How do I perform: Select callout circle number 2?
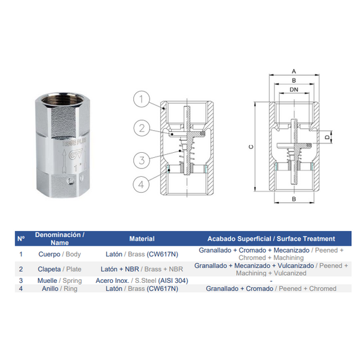point(143,129)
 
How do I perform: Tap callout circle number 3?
point(143,158)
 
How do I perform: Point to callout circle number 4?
point(143,186)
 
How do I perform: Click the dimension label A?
point(294,71)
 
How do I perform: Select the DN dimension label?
point(294,90)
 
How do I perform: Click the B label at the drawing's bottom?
point(294,200)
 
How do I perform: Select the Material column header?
point(141,239)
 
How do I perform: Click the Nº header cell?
point(21,239)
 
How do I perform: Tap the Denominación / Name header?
point(59,239)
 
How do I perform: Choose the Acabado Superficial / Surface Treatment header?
point(272,239)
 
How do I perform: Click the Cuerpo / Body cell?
point(59,254)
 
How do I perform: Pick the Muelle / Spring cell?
point(59,280)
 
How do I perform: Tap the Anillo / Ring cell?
point(59,289)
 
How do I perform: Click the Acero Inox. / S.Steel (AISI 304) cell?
point(141,280)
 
